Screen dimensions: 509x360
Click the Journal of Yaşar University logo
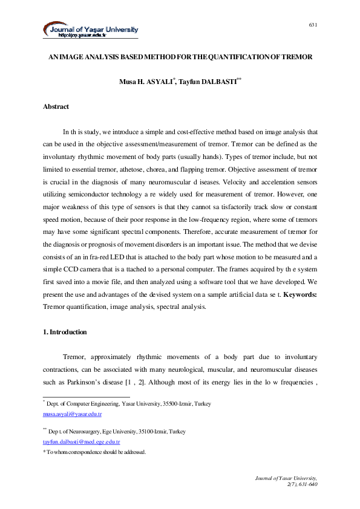(91, 30)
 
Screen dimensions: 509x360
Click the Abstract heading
(56, 106)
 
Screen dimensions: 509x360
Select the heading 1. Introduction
(65, 332)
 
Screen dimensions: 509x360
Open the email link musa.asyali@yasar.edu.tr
(72, 415)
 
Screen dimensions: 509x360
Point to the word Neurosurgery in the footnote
(87, 432)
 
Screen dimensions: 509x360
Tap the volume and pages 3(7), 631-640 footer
(301, 485)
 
